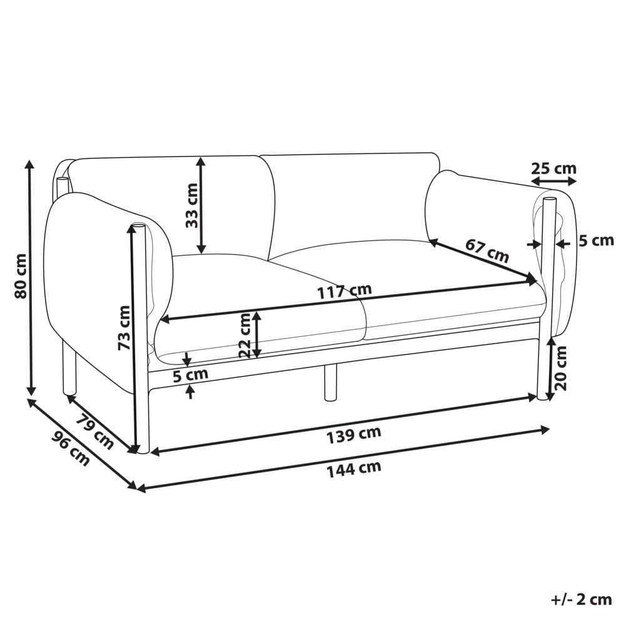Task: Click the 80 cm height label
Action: coord(20,276)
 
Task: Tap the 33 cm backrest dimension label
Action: coord(192,205)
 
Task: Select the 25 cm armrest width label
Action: coord(554,168)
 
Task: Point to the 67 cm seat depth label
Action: coord(487,250)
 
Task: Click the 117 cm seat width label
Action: coord(344,291)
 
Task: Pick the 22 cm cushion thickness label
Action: coord(244,336)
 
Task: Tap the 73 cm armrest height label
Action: coord(124,328)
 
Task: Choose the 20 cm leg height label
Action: coord(561,368)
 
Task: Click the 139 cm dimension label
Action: coord(354,435)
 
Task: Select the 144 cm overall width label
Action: coord(354,469)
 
